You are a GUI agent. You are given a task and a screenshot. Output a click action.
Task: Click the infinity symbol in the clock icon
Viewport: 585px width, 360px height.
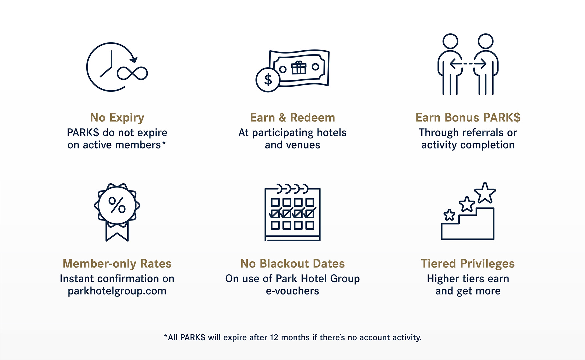132,73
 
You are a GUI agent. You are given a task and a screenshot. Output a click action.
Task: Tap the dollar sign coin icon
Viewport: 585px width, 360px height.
268,80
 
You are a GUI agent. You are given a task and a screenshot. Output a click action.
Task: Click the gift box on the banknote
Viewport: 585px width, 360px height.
299,68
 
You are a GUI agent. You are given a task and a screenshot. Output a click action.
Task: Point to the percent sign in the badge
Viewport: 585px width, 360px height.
117,205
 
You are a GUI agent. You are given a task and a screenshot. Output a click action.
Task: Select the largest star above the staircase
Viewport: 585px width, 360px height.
485,193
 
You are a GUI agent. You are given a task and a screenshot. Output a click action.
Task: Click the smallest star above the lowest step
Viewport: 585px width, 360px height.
449,215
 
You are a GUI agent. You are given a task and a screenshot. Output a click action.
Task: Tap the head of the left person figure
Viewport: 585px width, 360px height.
450,41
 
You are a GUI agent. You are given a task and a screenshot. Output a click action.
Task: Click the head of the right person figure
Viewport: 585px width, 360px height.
485,41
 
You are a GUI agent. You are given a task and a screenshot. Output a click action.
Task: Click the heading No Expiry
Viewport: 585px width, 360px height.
117,118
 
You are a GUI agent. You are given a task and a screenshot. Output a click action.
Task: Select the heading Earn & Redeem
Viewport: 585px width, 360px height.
292,118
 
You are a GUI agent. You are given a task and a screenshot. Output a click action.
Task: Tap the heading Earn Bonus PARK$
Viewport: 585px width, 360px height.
468,118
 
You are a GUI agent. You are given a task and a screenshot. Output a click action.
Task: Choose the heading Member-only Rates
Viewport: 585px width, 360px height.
117,264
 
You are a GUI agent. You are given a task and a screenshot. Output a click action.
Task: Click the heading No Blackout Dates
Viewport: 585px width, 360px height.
292,264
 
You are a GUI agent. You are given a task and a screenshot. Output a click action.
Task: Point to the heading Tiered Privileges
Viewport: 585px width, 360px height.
468,264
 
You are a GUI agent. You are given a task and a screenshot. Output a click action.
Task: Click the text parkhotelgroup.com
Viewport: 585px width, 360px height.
117,291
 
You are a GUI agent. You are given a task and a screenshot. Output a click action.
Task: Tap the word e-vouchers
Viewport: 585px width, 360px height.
292,291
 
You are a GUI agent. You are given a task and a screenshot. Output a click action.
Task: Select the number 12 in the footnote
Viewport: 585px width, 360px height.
274,337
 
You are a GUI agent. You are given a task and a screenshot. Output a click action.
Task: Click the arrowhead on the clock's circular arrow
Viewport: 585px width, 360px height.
134,60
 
